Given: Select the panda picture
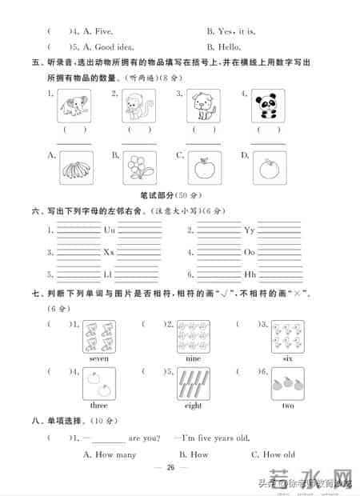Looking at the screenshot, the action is pyautogui.click(x=267, y=106).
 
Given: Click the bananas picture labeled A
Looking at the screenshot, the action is pyautogui.click(x=76, y=168).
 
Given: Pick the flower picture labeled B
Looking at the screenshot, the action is pyautogui.click(x=139, y=168).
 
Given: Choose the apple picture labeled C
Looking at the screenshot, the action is pyautogui.click(x=203, y=168).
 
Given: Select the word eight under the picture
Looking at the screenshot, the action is pyautogui.click(x=193, y=406).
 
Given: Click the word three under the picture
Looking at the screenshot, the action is pyautogui.click(x=99, y=406).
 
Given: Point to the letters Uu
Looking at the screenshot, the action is pyautogui.click(x=110, y=230).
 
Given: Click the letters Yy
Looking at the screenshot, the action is pyautogui.click(x=249, y=230).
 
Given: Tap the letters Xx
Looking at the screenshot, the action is pyautogui.click(x=110, y=252).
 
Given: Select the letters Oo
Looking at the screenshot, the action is pyautogui.click(x=249, y=252).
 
